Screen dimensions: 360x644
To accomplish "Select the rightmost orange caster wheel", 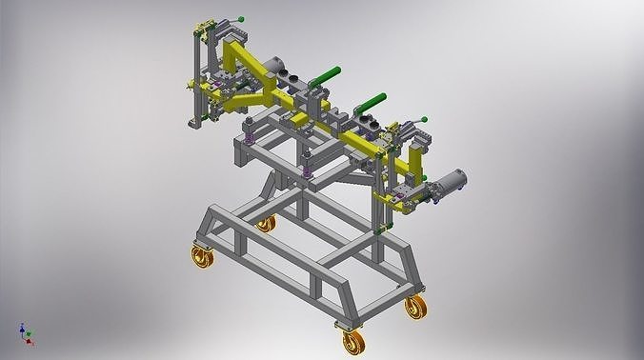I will click(x=414, y=307).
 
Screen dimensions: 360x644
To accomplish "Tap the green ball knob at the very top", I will click(x=242, y=17).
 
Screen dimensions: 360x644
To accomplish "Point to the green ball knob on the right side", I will click(x=425, y=118).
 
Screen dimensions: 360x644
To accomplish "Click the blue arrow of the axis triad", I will click(x=21, y=327).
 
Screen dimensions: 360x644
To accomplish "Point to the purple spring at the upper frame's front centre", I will click(x=308, y=173).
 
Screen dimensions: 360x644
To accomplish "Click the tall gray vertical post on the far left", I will click(x=195, y=76).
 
